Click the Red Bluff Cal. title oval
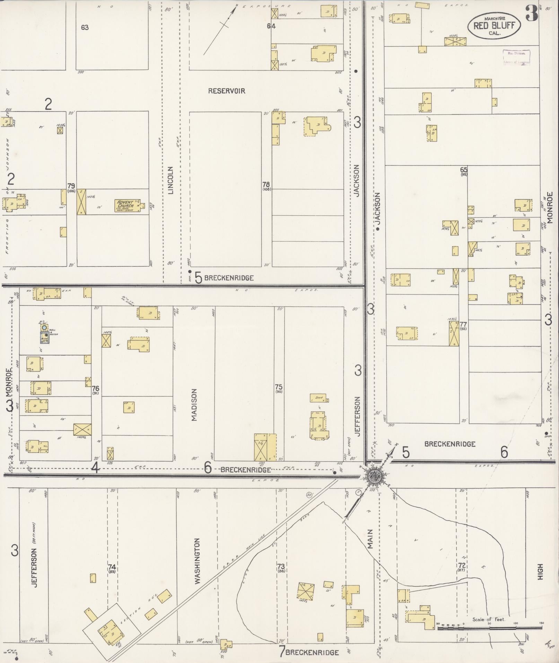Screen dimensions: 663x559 (494, 25)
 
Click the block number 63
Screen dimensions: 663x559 (85, 27)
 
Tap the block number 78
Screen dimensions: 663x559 (266, 184)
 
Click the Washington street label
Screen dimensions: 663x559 (198, 566)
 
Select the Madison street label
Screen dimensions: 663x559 (194, 404)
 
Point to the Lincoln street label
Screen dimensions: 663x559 (171, 180)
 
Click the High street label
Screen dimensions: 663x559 (540, 572)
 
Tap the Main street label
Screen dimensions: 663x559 (370, 539)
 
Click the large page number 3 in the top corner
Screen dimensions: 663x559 (531, 14)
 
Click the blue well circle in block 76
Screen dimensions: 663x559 (44, 327)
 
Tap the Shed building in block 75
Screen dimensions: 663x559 (319, 398)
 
